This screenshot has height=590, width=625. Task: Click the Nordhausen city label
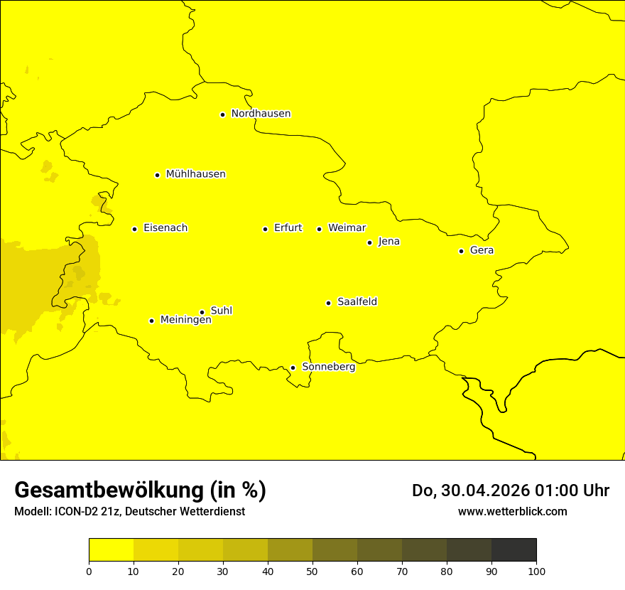click(261, 114)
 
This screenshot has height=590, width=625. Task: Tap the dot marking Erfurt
click(265, 229)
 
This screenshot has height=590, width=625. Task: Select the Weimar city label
click(347, 228)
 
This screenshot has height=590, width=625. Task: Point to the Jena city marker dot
click(369, 242)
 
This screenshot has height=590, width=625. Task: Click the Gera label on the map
click(482, 250)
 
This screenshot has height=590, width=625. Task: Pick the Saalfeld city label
click(357, 302)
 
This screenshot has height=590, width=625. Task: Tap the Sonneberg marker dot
click(293, 368)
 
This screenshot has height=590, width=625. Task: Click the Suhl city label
click(222, 311)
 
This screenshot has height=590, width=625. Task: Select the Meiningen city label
click(185, 320)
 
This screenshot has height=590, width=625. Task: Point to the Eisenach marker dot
click(134, 229)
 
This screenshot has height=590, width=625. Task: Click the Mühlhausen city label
click(195, 174)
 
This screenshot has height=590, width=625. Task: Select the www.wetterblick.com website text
click(512, 511)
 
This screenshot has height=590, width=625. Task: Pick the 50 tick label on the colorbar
click(312, 571)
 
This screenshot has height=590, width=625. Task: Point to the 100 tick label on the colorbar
click(536, 571)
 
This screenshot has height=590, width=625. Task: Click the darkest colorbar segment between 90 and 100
click(513, 549)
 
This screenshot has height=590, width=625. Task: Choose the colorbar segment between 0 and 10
click(111, 549)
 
